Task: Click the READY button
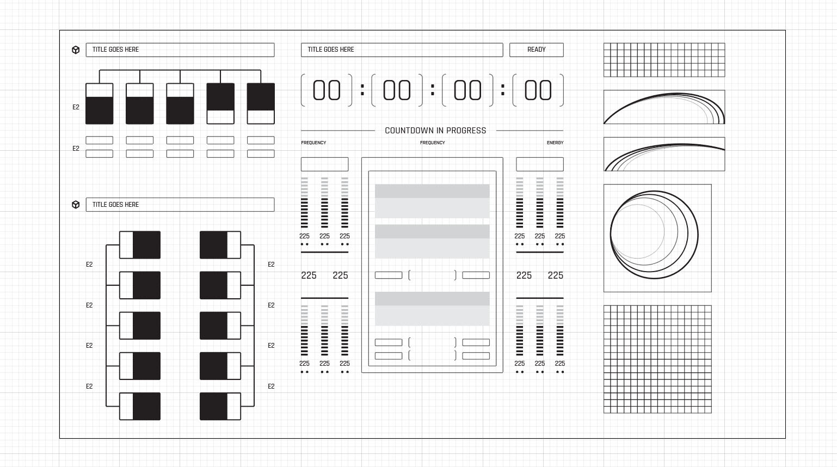pyautogui.click(x=536, y=50)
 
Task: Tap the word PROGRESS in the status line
pyautogui.click(x=466, y=131)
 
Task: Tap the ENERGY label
pyautogui.click(x=555, y=143)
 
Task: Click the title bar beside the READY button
pyautogui.click(x=402, y=50)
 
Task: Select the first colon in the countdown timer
pyautogui.click(x=362, y=90)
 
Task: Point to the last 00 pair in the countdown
pyautogui.click(x=538, y=90)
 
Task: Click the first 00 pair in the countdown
pyautogui.click(x=327, y=90)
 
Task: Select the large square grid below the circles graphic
pyautogui.click(x=657, y=359)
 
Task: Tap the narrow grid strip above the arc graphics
pyautogui.click(x=664, y=60)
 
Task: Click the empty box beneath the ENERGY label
pyautogui.click(x=539, y=164)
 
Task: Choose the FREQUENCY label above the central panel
pyautogui.click(x=432, y=143)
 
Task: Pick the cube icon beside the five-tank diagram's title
pyautogui.click(x=76, y=50)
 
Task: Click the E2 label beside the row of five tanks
pyautogui.click(x=76, y=107)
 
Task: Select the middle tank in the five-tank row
pyautogui.click(x=180, y=103)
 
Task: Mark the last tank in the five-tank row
pyautogui.click(x=261, y=103)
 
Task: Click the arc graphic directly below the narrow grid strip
pyautogui.click(x=664, y=107)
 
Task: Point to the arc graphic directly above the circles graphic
pyautogui.click(x=664, y=154)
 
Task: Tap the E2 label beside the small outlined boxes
pyautogui.click(x=76, y=149)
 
